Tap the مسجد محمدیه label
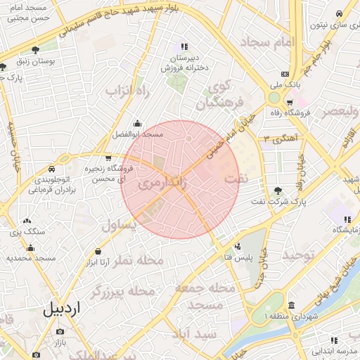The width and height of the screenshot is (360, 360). click(31, 258)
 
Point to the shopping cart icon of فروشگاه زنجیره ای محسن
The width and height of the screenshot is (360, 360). click(108, 158)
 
